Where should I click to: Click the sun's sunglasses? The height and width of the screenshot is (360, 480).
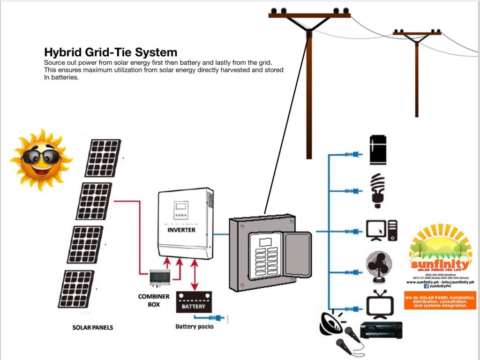[41, 157]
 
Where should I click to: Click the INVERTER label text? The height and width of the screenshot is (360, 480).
[181, 230]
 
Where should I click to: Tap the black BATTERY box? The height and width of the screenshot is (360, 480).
[194, 302]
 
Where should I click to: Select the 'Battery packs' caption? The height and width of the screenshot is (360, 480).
[194, 326]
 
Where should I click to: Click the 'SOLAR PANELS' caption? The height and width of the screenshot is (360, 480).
[92, 327]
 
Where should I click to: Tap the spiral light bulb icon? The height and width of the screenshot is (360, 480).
[378, 190]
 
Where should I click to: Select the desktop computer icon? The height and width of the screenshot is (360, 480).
[382, 230]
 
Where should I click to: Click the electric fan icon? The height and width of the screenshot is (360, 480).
[379, 268]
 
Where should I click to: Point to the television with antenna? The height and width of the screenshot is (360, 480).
[377, 305]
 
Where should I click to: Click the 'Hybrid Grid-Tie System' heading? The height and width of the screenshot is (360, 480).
[111, 52]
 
